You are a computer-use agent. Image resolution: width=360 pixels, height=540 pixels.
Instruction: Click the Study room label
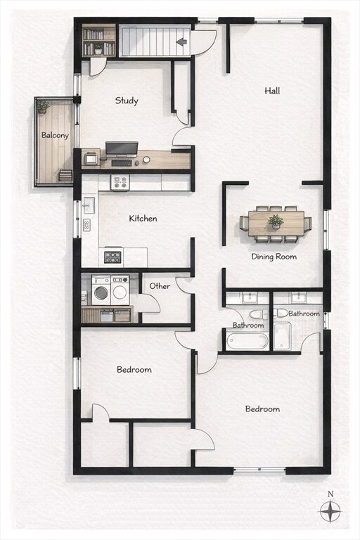tap(127, 101)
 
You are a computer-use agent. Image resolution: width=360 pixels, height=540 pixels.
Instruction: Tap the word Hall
tap(273, 91)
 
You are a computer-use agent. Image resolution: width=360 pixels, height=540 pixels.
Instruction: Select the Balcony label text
tap(55, 135)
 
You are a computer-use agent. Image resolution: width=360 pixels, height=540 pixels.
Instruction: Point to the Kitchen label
tap(143, 219)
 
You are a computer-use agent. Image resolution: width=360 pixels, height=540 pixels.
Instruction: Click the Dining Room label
tap(274, 257)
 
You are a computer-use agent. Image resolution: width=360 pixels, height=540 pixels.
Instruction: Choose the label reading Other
tap(160, 286)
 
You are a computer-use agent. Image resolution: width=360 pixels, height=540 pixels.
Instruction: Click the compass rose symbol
tap(330, 511)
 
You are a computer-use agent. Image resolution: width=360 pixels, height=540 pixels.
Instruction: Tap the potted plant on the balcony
tap(44, 107)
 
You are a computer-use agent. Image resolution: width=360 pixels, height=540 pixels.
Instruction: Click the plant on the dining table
tap(276, 221)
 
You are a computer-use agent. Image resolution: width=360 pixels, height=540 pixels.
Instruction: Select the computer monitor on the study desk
tap(122, 148)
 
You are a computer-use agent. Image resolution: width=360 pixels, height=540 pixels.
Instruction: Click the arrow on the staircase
tap(181, 41)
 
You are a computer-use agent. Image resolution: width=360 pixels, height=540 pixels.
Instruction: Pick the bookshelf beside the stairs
tap(98, 41)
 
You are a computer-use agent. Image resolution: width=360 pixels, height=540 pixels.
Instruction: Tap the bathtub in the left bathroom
tap(247, 341)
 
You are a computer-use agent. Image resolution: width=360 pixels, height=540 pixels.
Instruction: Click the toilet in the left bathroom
tap(256, 314)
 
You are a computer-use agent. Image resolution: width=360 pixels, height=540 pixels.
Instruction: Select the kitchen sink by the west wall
tap(89, 205)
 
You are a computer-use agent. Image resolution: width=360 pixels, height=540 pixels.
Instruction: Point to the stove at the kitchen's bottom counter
tap(112, 256)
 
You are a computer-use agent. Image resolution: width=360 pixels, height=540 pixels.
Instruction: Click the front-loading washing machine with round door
tap(101, 290)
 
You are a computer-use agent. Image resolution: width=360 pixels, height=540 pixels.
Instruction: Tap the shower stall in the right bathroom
tap(282, 336)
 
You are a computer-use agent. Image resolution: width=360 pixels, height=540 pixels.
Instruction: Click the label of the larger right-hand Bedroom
tap(262, 409)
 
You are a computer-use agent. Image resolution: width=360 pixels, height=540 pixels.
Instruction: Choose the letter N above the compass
tap(330, 494)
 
